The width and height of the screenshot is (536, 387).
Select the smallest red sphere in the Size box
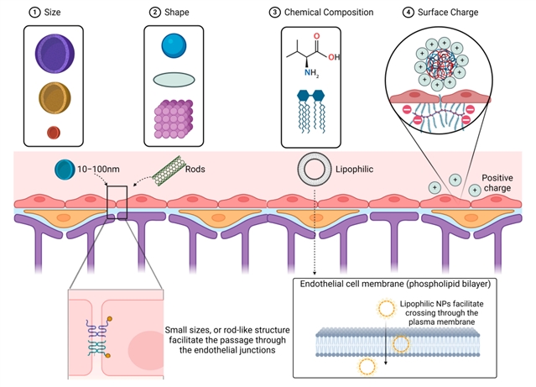click(x=55, y=132)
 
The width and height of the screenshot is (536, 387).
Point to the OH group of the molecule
click(x=336, y=57)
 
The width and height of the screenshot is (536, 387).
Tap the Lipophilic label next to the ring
click(x=355, y=169)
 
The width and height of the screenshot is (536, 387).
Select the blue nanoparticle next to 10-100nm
click(x=64, y=170)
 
